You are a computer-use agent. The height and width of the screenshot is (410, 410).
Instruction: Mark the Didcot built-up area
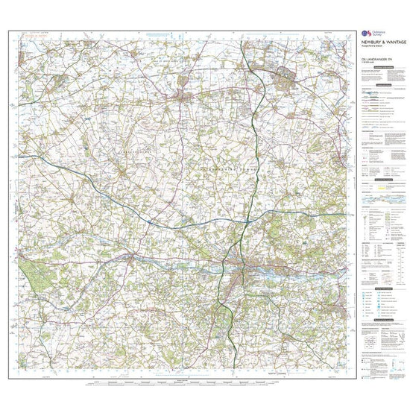point(286,74)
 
